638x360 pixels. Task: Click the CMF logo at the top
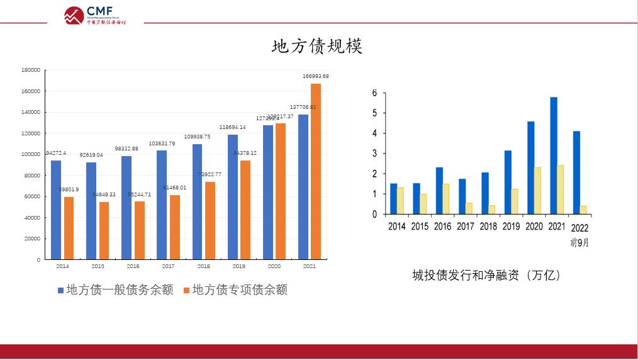pos(95,15)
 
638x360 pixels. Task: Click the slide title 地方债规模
pos(317,47)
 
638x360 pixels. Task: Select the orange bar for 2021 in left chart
pos(316,171)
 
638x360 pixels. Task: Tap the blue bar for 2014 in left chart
pos(56,210)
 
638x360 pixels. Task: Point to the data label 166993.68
pos(315,76)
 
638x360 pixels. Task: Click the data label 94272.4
pos(56,153)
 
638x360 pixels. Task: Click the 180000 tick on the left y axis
pos(31,70)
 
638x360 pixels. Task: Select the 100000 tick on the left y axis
pos(31,154)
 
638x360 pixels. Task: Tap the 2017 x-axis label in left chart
pos(169,266)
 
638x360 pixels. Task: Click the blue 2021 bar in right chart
pos(554,155)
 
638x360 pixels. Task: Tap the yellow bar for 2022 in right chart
pos(583,210)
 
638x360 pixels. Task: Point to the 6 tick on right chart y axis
pos(374,93)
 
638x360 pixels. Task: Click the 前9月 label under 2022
pos(579,242)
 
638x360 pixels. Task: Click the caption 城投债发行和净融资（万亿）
pos(486,275)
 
